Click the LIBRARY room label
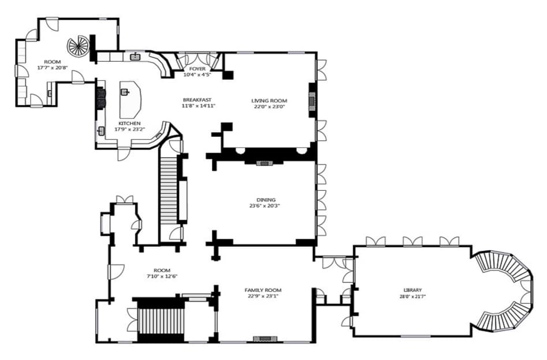pyautogui.click(x=412, y=290)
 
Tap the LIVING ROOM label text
pyautogui.click(x=269, y=101)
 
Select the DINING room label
pyautogui.click(x=266, y=200)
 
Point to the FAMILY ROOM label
pyautogui.click(x=263, y=290)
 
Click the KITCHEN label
pyautogui.click(x=129, y=123)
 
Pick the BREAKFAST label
pyautogui.click(x=197, y=100)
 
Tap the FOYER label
pyautogui.click(x=197, y=69)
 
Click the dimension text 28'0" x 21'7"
pyautogui.click(x=412, y=296)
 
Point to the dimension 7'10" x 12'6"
pyautogui.click(x=162, y=276)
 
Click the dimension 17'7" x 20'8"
pyautogui.click(x=53, y=68)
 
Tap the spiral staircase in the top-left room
pyautogui.click(x=79, y=46)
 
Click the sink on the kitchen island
pyautogui.click(x=125, y=92)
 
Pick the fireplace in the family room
pyautogui.click(x=265, y=339)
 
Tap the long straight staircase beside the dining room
pyautogui.click(x=168, y=191)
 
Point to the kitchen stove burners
pyautogui.click(x=101, y=98)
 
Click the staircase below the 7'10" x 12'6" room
pyautogui.click(x=161, y=321)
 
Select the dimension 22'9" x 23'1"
pyautogui.click(x=263, y=296)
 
